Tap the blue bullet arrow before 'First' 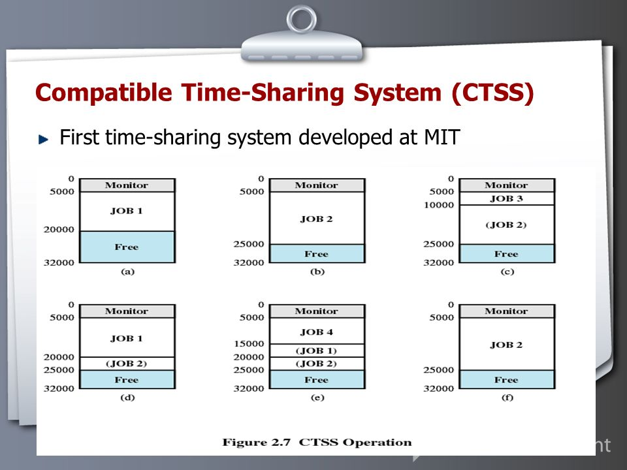click(43, 140)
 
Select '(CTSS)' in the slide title click(492, 93)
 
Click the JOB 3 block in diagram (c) click(507, 198)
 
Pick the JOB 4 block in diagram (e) click(317, 331)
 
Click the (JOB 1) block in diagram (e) click(317, 351)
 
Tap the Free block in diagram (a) click(127, 247)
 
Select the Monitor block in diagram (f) click(507, 311)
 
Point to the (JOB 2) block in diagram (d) click(127, 364)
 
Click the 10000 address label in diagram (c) click(439, 205)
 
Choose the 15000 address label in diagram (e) click(249, 344)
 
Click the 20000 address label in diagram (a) click(59, 229)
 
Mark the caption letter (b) click(317, 272)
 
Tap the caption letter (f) click(507, 398)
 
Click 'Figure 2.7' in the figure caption click(256, 443)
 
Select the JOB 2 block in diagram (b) click(317, 218)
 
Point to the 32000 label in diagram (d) click(59, 388)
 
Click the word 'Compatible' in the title click(104, 93)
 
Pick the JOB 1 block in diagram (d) click(127, 337)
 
